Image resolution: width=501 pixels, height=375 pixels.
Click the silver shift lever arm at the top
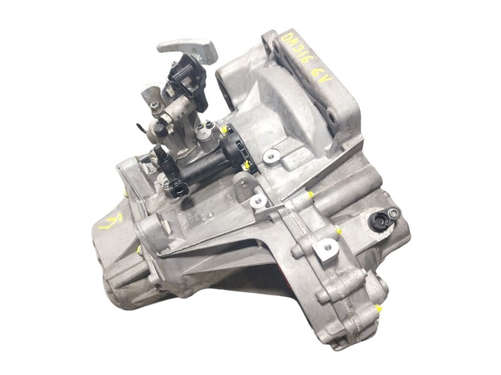(x=187, y=47)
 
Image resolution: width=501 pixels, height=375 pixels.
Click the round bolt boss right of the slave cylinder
(x=271, y=155)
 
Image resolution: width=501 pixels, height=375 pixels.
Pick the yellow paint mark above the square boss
(x=339, y=231)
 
